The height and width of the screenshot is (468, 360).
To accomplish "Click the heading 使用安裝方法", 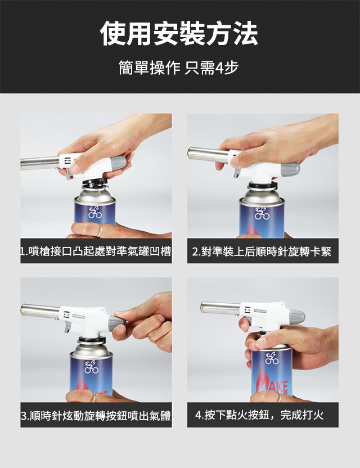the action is coord(179,33).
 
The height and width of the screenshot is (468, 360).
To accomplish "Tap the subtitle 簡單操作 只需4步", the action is coord(178,67).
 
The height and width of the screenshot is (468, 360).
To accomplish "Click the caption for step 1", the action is coord(96,251).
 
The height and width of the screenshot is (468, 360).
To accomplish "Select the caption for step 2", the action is coord(262,251).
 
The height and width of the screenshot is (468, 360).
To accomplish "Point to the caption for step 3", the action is coord(96,415).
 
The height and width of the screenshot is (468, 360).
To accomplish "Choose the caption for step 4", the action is coord(259,415).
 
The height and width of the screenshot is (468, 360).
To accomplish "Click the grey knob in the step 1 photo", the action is coord(118,163).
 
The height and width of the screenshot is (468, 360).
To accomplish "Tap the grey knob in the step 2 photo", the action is coord(290,169).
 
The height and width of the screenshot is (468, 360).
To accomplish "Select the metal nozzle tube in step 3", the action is coord(40,311).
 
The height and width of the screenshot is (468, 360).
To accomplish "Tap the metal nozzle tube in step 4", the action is coord(221,308).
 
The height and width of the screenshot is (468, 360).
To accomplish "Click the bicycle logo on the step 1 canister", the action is coord(94,211).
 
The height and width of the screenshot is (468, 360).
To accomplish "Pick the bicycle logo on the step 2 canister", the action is coord(262,213).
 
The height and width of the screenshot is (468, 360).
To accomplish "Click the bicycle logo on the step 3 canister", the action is coord(91,367).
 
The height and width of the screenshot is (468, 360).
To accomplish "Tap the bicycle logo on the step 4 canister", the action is coord(272,358).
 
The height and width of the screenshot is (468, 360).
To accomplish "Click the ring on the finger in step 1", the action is coord(100,231).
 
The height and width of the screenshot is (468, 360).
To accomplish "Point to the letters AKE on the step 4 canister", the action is coord(278,387).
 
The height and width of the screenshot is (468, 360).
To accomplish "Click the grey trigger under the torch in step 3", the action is coord(67,327).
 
